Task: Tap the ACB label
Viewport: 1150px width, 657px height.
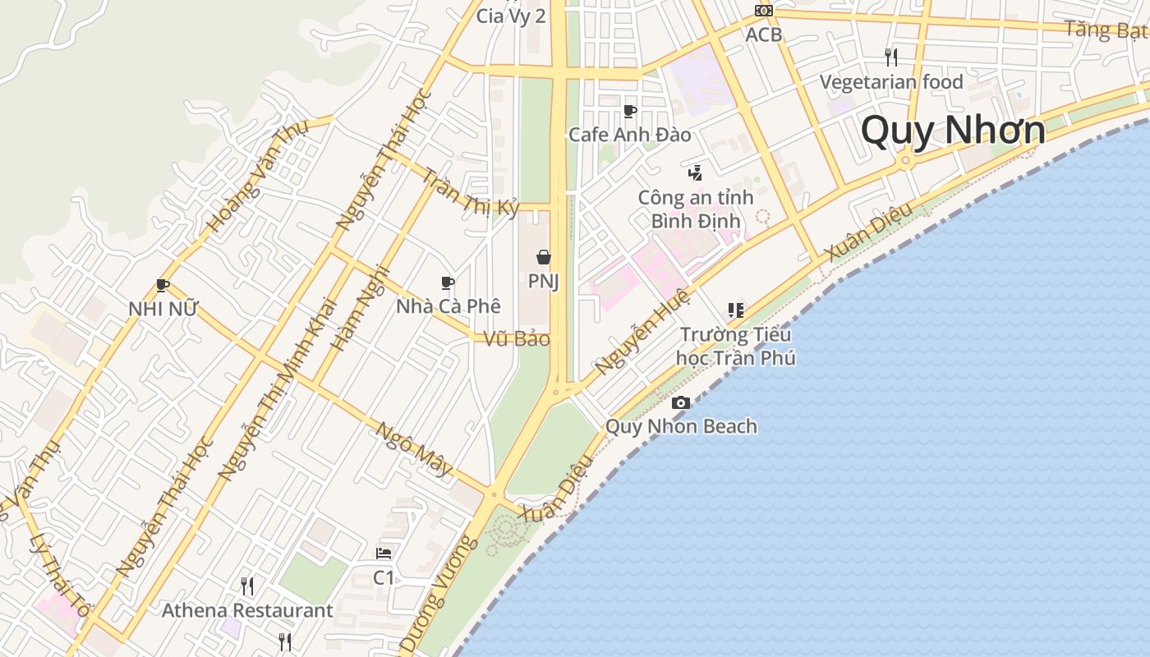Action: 763,34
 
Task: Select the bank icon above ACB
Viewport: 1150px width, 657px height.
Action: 764,11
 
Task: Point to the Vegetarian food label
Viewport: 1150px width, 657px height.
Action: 891,82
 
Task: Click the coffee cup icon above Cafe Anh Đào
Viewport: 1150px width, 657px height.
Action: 630,111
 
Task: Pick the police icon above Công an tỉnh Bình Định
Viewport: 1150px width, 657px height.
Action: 695,172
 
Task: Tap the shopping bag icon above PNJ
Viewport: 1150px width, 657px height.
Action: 543,257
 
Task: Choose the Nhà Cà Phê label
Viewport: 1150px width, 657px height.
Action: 448,306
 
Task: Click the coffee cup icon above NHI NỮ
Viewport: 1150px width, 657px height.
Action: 163,286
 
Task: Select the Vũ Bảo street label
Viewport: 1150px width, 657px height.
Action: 517,338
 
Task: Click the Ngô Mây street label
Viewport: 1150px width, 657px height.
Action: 414,448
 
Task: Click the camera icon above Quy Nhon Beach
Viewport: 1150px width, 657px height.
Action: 681,402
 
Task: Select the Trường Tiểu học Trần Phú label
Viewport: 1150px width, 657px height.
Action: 735,346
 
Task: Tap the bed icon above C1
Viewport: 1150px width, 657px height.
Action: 384,554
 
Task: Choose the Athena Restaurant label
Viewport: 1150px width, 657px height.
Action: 247,610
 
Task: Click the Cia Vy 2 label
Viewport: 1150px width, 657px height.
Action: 511,15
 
